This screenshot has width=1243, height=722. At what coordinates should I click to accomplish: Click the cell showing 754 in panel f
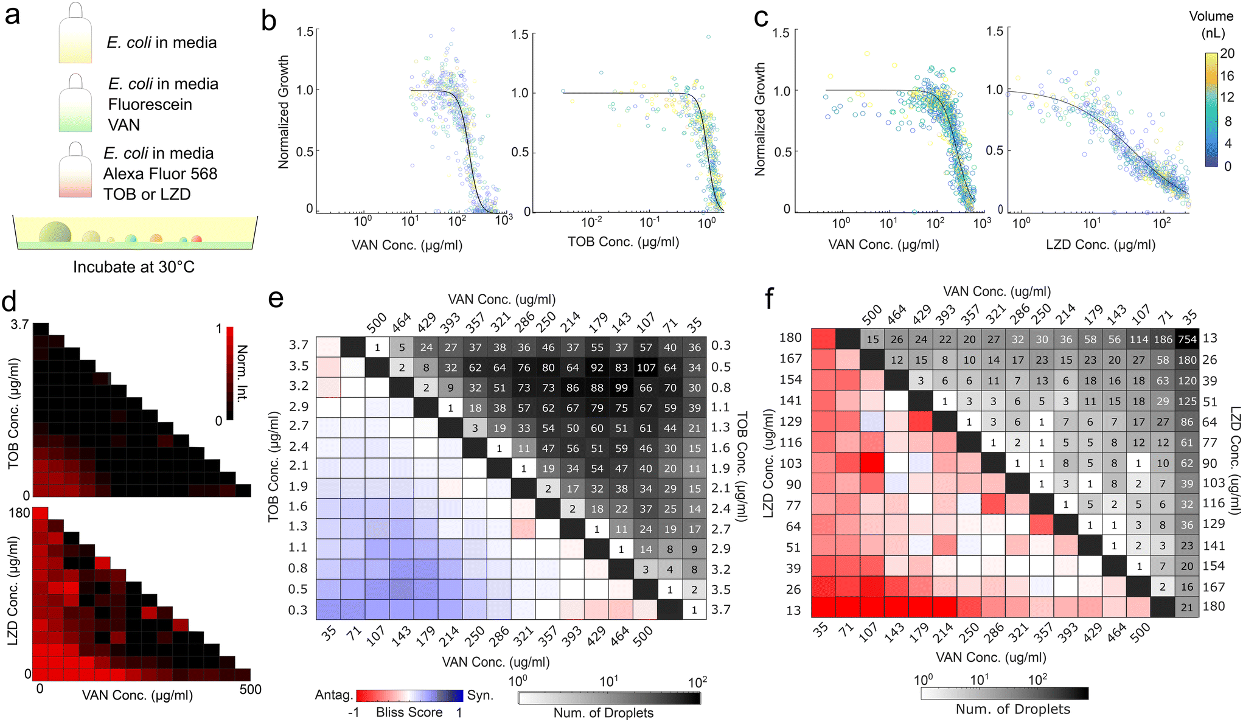click(x=1187, y=339)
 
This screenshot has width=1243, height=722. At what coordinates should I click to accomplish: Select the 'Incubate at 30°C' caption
click(x=134, y=267)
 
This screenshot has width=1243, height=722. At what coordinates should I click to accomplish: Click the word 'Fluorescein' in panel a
click(x=150, y=105)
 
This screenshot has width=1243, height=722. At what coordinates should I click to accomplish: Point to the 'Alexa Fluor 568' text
click(x=160, y=174)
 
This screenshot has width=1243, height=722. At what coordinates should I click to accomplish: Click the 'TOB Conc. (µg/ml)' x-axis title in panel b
click(x=624, y=242)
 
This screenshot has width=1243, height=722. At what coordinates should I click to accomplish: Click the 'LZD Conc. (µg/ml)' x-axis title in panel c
click(x=1101, y=245)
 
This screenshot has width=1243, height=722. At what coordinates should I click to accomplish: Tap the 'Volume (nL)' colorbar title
click(x=1211, y=24)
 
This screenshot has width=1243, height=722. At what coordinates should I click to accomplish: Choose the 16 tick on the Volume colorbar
click(x=1227, y=75)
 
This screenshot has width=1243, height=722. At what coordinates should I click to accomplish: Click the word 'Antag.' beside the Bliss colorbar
click(x=333, y=695)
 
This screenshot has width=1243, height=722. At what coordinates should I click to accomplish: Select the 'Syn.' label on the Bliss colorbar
click(x=480, y=695)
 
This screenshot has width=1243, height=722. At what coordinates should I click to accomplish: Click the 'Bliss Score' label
click(x=409, y=712)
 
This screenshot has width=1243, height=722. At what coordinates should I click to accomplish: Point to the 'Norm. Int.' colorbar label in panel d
click(x=242, y=373)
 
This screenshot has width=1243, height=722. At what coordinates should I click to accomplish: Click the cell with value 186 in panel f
click(x=1163, y=339)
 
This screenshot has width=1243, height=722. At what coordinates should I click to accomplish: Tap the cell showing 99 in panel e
click(x=621, y=387)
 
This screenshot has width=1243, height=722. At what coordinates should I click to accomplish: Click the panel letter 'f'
click(x=770, y=299)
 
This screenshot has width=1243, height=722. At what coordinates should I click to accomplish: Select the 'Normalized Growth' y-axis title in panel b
click(x=284, y=112)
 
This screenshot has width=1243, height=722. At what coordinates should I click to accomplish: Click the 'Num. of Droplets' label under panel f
click(x=1013, y=709)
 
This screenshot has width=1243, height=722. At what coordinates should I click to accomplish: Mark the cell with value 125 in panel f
click(x=1187, y=401)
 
